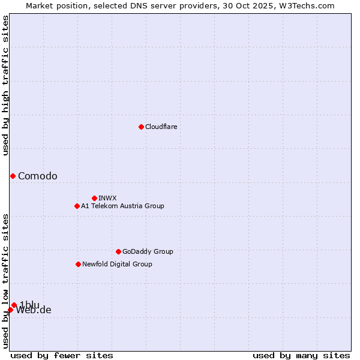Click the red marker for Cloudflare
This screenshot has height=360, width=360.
[141, 127]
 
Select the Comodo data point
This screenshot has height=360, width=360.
[13, 176]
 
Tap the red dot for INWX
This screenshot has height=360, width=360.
[94, 198]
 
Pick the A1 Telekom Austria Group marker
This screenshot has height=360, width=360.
[77, 206]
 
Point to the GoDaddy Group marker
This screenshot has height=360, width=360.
[118, 251]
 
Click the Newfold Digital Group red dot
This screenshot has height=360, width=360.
[78, 264]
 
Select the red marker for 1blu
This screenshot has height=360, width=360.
[14, 305]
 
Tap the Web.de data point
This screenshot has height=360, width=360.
[10, 310]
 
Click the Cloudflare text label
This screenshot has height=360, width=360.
[161, 127]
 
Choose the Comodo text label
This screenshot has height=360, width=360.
[38, 176]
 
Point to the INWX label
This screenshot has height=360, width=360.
[107, 198]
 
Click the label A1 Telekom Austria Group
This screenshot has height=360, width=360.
[122, 206]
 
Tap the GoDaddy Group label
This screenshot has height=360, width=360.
[148, 251]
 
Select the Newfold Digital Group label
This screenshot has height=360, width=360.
[117, 264]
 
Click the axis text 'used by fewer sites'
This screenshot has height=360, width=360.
[62, 355]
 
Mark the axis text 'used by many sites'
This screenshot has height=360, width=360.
[301, 355]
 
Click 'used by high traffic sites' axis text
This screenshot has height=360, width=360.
[5, 85]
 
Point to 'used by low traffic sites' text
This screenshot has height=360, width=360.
[5, 280]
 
